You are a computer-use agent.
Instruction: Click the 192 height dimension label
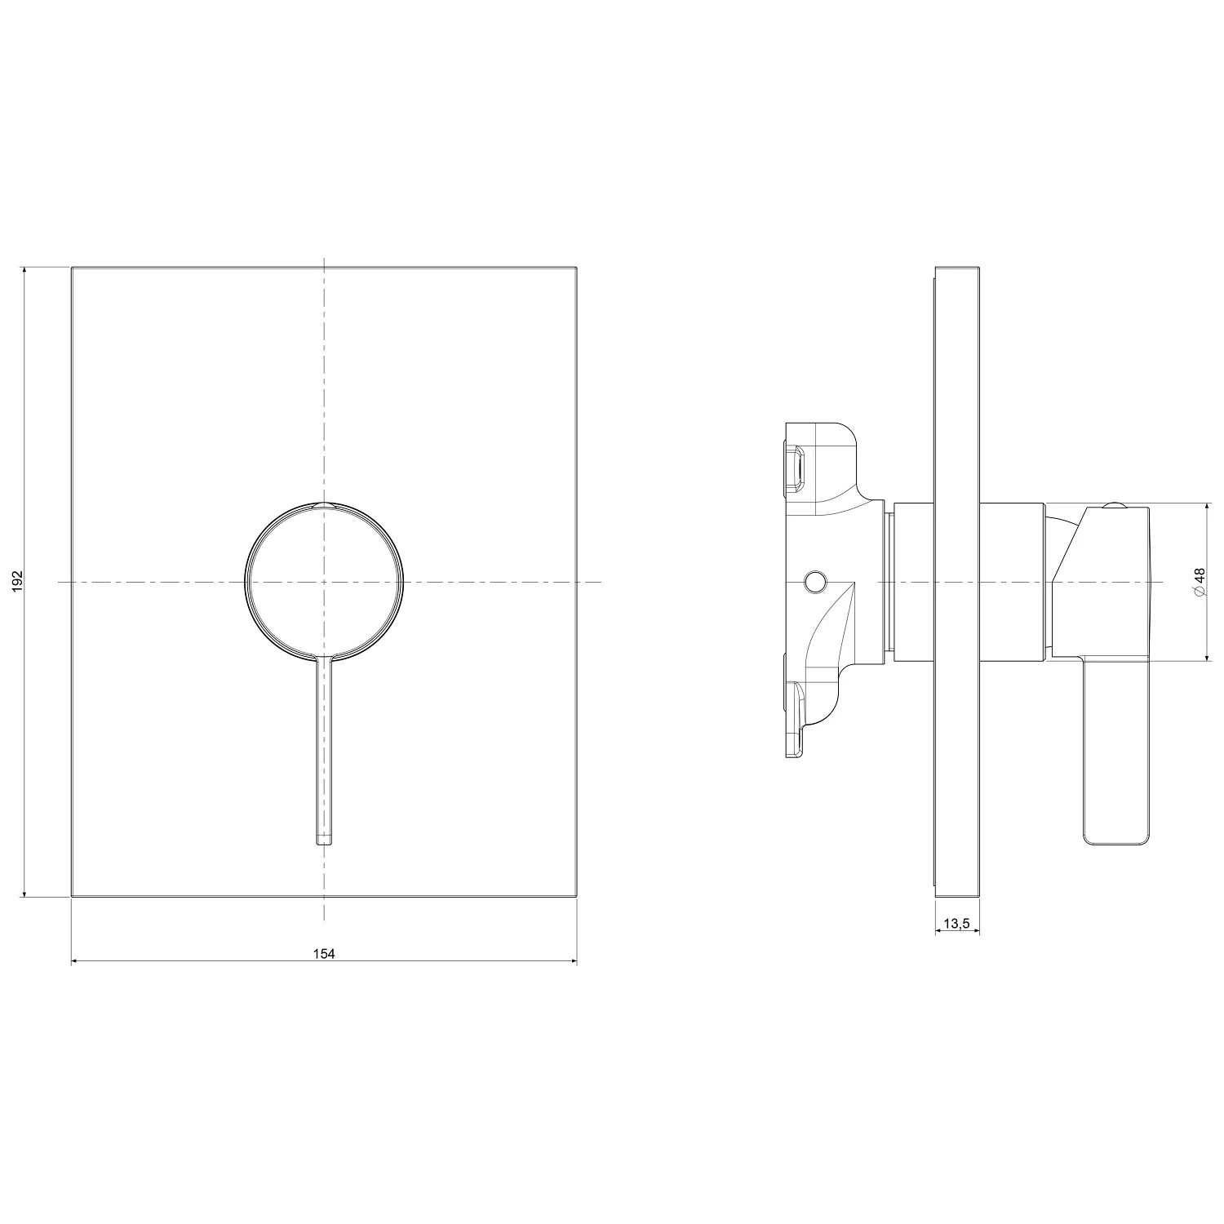19,581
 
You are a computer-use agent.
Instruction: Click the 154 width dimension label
324,953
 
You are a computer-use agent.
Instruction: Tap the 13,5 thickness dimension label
956,923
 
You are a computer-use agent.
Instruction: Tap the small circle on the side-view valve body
814,582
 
